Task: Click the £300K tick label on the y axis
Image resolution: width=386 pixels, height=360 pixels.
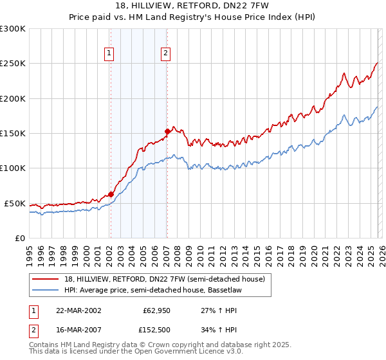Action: [x=13, y=29]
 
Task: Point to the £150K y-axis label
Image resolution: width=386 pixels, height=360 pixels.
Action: [x=13, y=134]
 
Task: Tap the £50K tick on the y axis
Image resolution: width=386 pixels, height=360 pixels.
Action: [x=15, y=203]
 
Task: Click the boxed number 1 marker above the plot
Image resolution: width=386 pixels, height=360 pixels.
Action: [x=110, y=53]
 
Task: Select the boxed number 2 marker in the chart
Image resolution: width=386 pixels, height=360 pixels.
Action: [x=166, y=53]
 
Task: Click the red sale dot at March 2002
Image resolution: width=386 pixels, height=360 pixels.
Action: [x=111, y=194]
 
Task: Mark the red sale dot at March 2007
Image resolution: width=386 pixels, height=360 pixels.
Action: [x=167, y=131]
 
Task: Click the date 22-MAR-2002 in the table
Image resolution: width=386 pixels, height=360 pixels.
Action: [x=78, y=310]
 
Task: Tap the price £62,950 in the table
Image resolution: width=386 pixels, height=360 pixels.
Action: [x=156, y=310]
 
